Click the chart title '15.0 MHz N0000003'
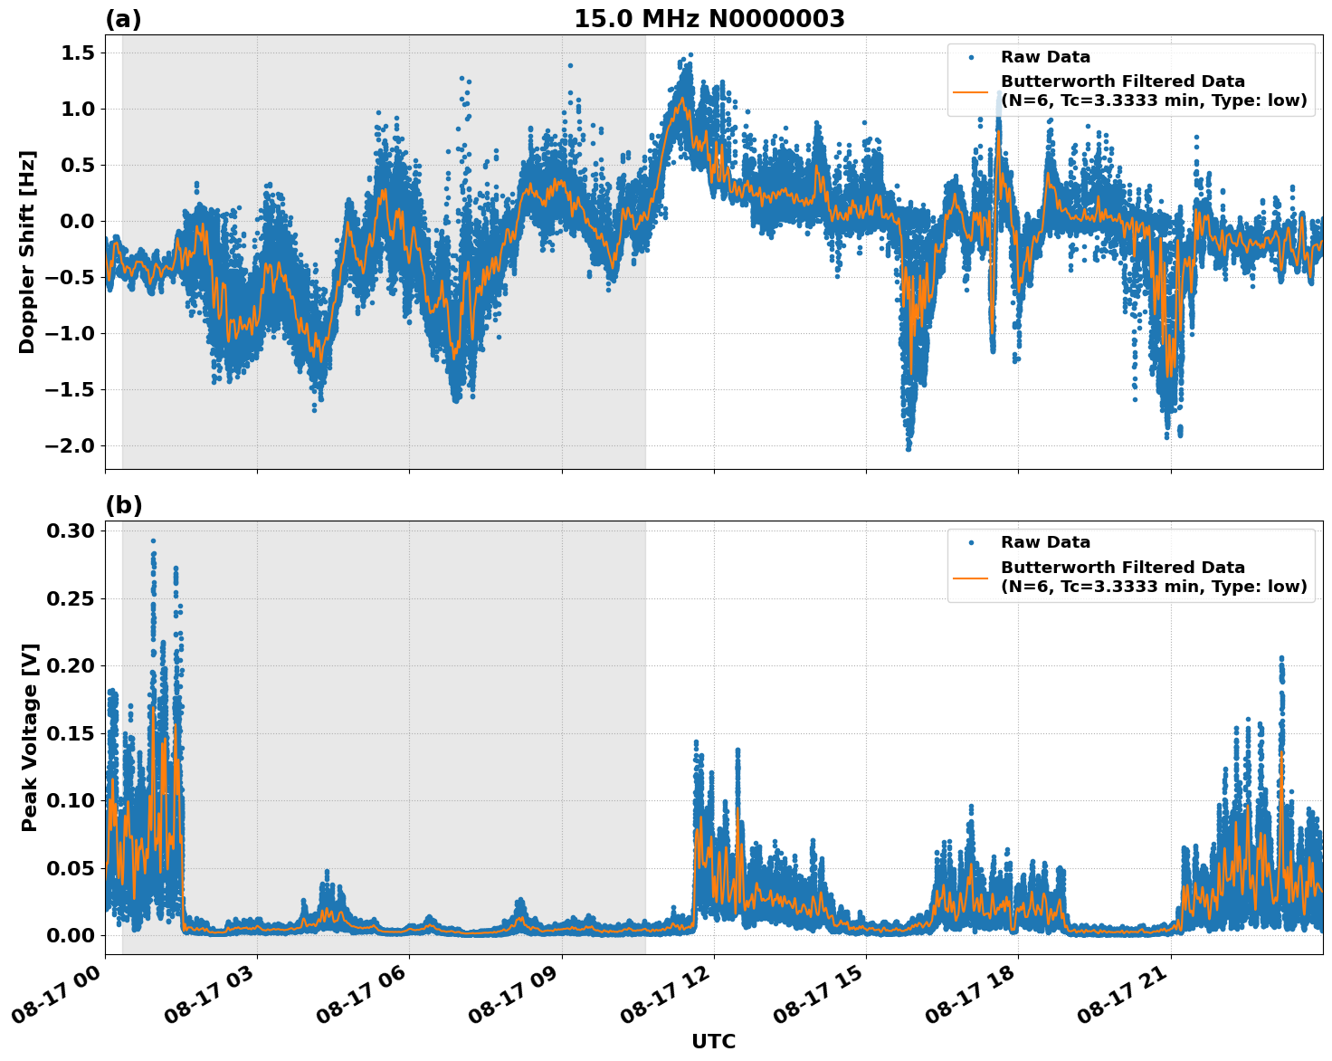709,19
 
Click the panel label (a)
124,19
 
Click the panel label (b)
124,505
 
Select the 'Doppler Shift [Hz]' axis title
27,252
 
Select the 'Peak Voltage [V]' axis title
30,738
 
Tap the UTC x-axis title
713,1041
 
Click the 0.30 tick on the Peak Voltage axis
72,530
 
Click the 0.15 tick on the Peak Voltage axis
72,733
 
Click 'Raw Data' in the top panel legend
1045,57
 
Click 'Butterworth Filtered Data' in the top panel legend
1122,81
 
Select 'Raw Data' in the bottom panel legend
1045,542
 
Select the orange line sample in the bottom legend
971,577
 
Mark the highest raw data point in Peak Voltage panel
153,540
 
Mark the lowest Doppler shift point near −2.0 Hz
908,448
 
